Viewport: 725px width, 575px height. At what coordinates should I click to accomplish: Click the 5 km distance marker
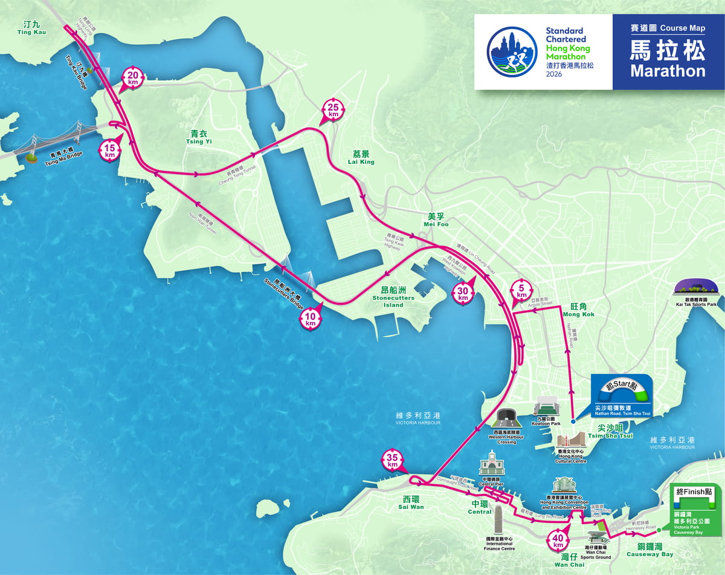[521, 290]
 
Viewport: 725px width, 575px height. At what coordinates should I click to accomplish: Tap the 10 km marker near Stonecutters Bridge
[311, 319]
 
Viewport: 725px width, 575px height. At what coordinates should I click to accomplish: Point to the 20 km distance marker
[133, 78]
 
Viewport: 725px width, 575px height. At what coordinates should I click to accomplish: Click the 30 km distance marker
[463, 293]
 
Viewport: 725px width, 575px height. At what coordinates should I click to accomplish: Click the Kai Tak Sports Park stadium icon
[696, 288]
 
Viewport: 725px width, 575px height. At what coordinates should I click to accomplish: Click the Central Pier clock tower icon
[491, 463]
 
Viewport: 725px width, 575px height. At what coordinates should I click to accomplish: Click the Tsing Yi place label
[202, 138]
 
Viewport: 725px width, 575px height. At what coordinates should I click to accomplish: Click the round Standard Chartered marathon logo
[512, 51]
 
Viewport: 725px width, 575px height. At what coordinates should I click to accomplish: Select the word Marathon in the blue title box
[668, 71]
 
